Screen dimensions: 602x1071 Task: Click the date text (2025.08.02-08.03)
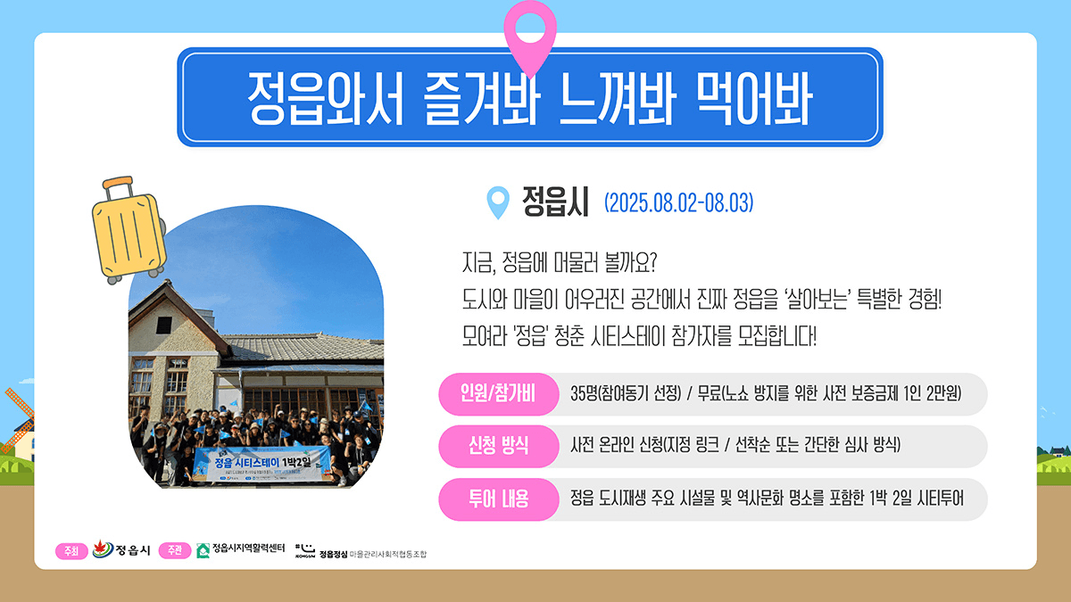(x=678, y=203)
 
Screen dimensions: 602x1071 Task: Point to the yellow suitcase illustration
(x=129, y=231)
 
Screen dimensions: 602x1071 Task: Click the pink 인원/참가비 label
(x=497, y=394)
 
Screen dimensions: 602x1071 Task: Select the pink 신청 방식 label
(x=497, y=446)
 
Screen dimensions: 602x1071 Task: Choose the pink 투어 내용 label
(x=497, y=499)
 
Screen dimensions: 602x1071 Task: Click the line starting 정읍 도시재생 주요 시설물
(x=767, y=499)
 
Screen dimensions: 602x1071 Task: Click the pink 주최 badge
(x=71, y=550)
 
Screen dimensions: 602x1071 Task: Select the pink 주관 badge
(x=175, y=550)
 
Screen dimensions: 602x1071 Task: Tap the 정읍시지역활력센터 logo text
(x=248, y=548)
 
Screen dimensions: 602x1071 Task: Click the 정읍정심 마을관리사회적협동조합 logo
(x=361, y=551)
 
